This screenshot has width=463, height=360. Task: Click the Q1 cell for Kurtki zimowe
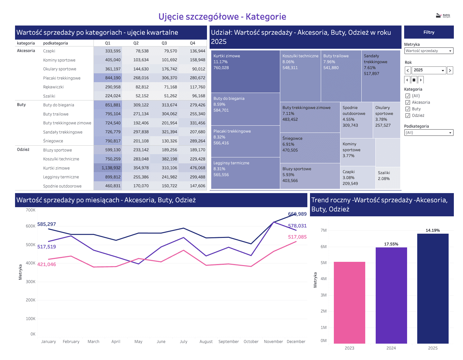coord(111,168)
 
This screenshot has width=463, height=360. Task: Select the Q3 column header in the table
coord(164,43)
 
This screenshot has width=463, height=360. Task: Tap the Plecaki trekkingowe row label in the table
coord(61,78)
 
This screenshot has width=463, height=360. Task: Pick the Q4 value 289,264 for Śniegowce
coord(197,141)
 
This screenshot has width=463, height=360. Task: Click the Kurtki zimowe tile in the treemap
coord(245,71)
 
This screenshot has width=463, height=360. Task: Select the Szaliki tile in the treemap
coord(388,178)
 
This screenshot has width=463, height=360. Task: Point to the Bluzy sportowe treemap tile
coord(310,176)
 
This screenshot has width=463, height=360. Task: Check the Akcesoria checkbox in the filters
coord(408,102)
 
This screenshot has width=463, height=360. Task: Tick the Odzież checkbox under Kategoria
coord(408,116)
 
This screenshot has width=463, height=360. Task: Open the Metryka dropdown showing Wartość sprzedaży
coord(429,51)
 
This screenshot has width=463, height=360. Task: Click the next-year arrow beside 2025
coord(450,70)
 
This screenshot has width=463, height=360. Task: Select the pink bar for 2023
coord(349,302)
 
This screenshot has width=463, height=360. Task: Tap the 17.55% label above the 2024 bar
coord(391,244)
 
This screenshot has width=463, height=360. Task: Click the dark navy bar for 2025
coord(433,288)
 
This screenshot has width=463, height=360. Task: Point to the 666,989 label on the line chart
coord(297,214)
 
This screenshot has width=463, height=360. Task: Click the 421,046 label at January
coord(46,264)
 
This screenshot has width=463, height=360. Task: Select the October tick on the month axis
coord(251,342)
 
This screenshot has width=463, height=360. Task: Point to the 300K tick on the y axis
coord(30,282)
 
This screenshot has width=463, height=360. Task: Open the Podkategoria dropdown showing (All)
coord(429,133)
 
